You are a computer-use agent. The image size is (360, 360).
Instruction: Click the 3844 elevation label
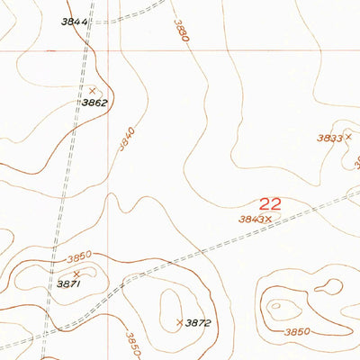pyautogui.click(x=75, y=22)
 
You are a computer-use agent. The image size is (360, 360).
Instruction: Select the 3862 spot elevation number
pyautogui.click(x=94, y=103)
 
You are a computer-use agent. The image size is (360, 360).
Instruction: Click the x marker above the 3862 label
pyautogui.click(x=92, y=90)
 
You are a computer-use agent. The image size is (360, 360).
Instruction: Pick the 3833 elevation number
pyautogui.click(x=330, y=138)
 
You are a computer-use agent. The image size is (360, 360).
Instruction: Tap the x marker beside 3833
pyautogui.click(x=347, y=138)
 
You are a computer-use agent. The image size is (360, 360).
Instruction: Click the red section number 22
pyautogui.click(x=270, y=204)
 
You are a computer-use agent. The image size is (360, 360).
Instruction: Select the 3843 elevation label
pyautogui.click(x=250, y=218)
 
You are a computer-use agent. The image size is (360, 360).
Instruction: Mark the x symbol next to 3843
pyautogui.click(x=267, y=218)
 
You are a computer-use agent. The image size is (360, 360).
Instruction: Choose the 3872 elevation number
pyautogui.click(x=198, y=322)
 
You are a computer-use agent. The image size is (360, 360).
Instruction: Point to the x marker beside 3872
pyautogui.click(x=180, y=321)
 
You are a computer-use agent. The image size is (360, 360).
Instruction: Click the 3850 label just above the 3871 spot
pyautogui.click(x=79, y=257)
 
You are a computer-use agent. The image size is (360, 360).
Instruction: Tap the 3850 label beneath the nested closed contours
pyautogui.click(x=297, y=332)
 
